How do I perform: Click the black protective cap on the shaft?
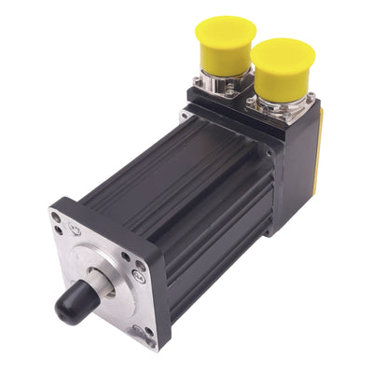[x=75, y=303]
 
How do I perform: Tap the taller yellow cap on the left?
[x=225, y=42]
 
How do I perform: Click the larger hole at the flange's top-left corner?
[x=57, y=217]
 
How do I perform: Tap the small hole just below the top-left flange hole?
[x=59, y=231]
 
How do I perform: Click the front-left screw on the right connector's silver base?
[x=254, y=109]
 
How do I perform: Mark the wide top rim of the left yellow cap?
[x=225, y=28]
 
